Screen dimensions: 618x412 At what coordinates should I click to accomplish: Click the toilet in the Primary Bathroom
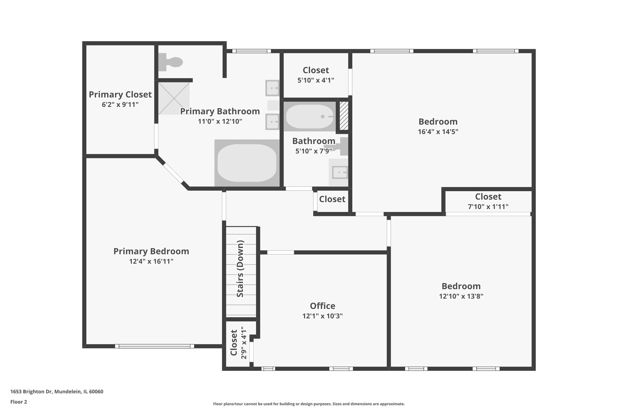tap(170, 62)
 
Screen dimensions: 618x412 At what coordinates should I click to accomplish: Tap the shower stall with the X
tap(174, 98)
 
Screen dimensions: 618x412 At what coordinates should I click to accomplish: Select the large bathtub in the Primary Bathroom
tap(247, 163)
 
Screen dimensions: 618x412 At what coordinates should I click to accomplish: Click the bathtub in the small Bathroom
tap(310, 116)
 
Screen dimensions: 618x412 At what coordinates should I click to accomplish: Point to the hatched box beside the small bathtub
tap(344, 116)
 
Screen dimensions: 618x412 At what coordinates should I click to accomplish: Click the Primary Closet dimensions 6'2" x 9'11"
tap(120, 105)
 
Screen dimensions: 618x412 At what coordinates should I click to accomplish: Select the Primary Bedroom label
tap(151, 251)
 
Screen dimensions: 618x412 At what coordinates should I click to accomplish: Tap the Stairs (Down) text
tap(240, 269)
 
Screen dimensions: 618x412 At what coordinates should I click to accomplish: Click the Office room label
tap(322, 306)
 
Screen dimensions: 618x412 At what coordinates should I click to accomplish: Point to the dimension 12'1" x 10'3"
tap(322, 316)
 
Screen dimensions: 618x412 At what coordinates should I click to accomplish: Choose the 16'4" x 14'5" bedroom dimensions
tap(438, 132)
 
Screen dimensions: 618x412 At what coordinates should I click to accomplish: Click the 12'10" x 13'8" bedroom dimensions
tap(461, 296)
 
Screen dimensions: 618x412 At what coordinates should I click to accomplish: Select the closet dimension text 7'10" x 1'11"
tap(488, 207)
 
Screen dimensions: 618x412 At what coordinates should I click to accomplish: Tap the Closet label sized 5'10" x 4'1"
tap(316, 70)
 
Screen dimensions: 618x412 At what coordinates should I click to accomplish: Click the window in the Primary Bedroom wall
tap(154, 346)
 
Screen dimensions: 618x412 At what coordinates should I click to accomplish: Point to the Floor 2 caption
tap(19, 402)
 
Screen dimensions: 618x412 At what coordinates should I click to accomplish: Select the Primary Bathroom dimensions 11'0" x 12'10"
tap(220, 121)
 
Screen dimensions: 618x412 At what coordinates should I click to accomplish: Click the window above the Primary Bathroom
tap(251, 51)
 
